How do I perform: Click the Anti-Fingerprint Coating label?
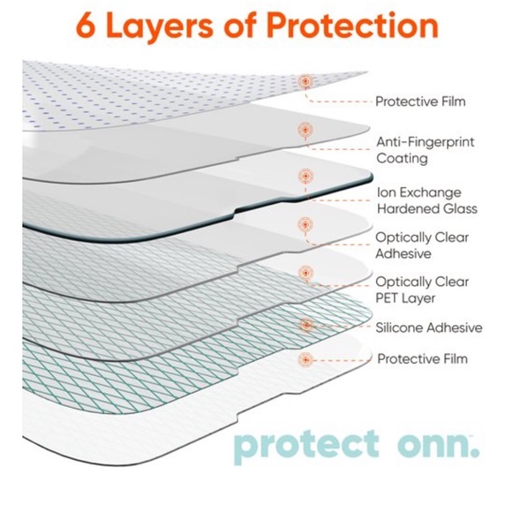coord(415,149)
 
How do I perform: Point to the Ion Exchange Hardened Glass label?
coord(425,200)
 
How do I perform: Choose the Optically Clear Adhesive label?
coord(422,245)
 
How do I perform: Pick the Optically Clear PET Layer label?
coord(422,290)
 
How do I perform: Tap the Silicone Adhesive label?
coord(429,328)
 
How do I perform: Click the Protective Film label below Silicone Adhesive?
coord(422,359)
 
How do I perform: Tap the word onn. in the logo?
coord(437,443)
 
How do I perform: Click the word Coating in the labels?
coord(402,159)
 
